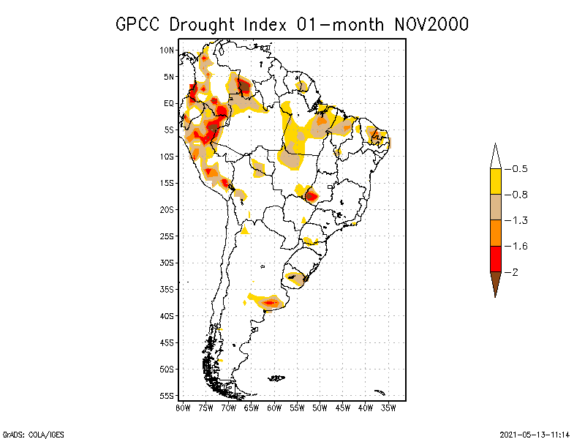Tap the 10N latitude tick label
[x=167, y=50]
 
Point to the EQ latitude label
[x=168, y=103]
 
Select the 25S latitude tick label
[x=167, y=236]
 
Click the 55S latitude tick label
[x=167, y=395]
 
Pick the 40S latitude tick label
[x=167, y=315]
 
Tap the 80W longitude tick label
[x=183, y=408]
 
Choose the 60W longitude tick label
[x=274, y=408]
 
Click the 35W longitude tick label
[x=388, y=408]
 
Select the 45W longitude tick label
[x=342, y=408]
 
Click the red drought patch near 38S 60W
[x=271, y=302]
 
